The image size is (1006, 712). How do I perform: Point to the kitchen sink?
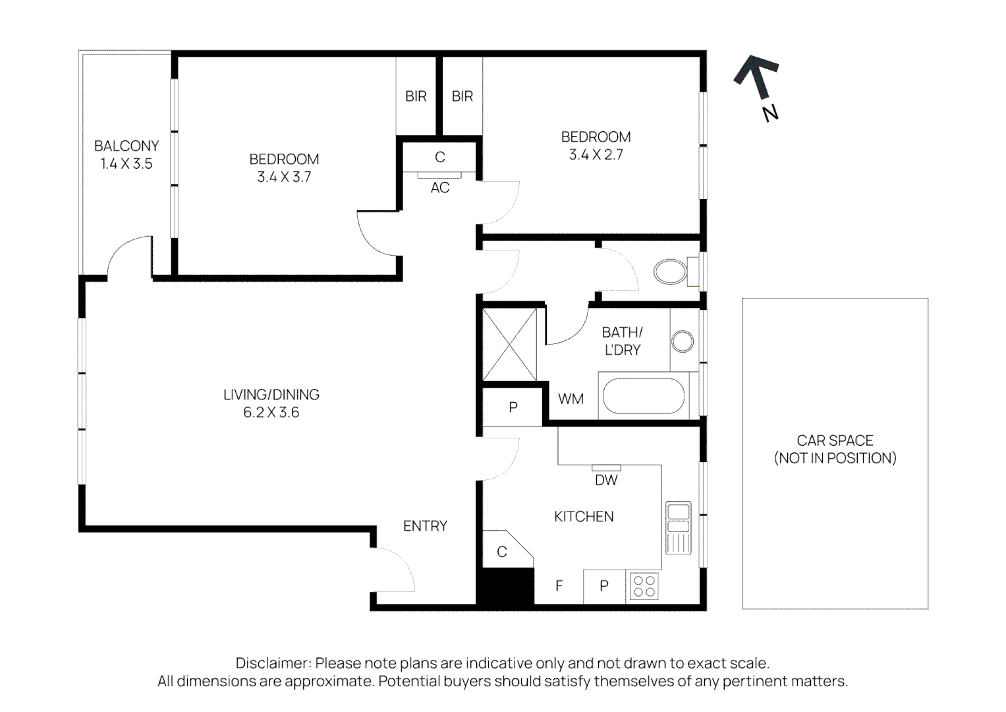(x=678, y=527)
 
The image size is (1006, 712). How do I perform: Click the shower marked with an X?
(x=510, y=344)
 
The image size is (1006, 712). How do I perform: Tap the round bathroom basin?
(x=683, y=341)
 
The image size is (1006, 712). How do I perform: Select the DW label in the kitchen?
(x=606, y=480)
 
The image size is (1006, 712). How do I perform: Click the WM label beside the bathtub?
(x=571, y=399)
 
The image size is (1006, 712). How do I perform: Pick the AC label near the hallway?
(x=440, y=188)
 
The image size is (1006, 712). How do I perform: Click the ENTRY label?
(x=425, y=526)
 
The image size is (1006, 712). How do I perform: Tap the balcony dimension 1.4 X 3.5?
(x=126, y=164)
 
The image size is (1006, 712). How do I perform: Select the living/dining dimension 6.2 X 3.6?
(x=271, y=413)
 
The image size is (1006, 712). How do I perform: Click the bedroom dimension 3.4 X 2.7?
(x=596, y=155)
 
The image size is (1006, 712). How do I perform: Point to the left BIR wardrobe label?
(x=416, y=96)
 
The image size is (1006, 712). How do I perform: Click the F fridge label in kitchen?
(x=559, y=586)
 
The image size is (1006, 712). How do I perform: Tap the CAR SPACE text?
(x=835, y=440)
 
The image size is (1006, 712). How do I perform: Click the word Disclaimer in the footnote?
(x=273, y=663)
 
